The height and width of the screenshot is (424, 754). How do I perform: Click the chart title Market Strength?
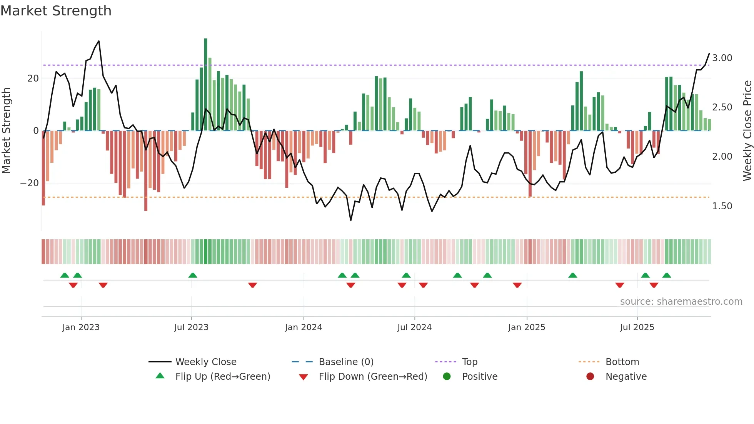click(56, 11)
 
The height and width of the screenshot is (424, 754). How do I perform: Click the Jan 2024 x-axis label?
click(303, 327)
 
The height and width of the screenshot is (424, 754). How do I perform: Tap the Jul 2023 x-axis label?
click(191, 327)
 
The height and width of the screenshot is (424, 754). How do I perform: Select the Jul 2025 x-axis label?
click(637, 327)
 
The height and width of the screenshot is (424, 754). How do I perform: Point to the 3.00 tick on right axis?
click(722, 58)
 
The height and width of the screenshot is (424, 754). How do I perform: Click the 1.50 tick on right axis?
click(722, 206)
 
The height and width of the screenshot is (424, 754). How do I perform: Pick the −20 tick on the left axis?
click(30, 183)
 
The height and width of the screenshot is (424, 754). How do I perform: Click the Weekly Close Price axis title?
click(747, 130)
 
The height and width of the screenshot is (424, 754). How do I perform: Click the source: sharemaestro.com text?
click(681, 302)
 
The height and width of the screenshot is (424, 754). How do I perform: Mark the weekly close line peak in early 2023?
click(99, 41)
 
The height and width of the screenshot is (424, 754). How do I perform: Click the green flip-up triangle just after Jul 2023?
click(193, 275)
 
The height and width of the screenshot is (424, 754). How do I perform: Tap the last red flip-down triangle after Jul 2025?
click(654, 285)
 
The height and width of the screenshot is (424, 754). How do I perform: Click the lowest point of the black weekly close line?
click(351, 220)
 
